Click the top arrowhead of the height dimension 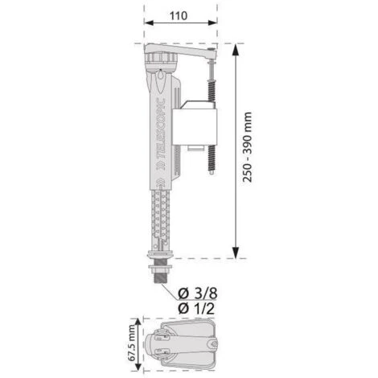[x=237, y=49]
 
